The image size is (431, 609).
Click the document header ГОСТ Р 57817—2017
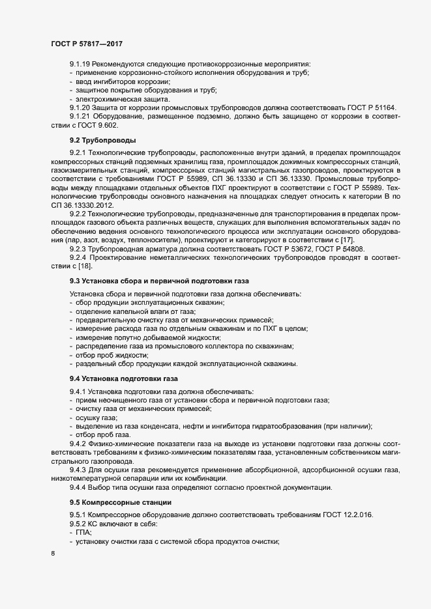point(87,44)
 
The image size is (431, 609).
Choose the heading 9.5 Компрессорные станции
point(121,502)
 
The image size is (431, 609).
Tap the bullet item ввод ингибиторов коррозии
point(113,81)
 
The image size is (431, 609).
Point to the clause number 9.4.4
point(78,487)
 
